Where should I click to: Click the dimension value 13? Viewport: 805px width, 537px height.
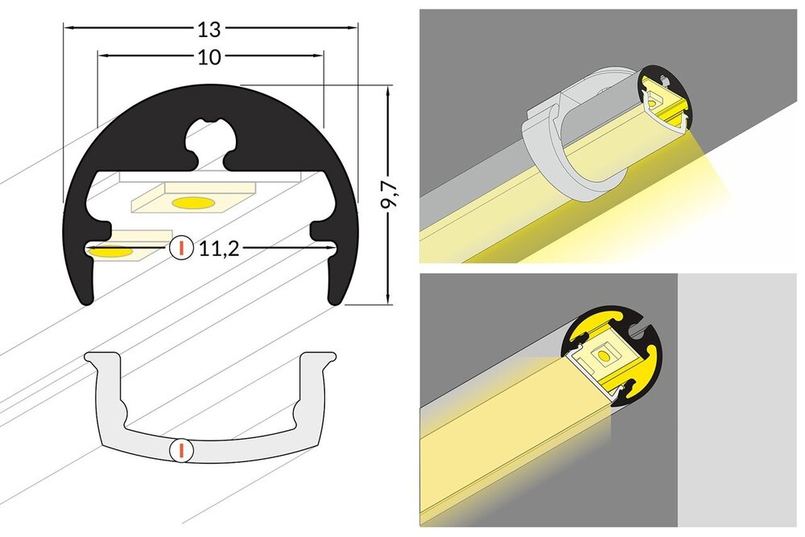(209, 29)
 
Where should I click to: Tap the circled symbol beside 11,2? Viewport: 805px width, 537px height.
(182, 248)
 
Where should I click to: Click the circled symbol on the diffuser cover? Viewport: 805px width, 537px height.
(182, 449)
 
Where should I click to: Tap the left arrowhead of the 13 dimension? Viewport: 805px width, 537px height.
(68, 29)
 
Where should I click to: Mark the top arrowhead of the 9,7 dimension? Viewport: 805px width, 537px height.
(389, 90)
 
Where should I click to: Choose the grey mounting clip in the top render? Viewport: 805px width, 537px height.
(563, 145)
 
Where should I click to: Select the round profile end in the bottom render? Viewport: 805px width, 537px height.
(617, 354)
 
